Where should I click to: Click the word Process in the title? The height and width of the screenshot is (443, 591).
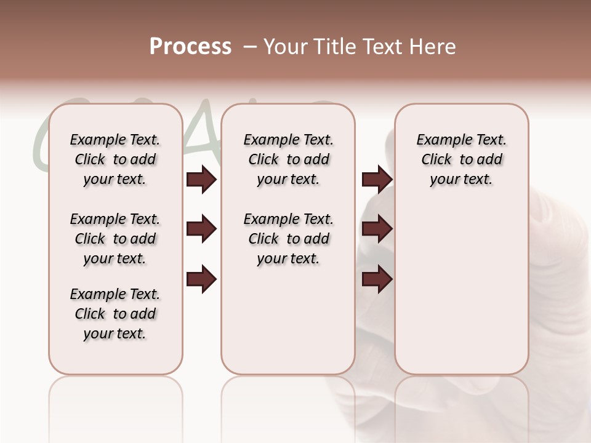click(190, 47)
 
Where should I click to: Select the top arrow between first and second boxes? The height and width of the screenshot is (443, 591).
click(201, 179)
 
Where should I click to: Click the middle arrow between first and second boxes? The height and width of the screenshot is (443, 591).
click(201, 229)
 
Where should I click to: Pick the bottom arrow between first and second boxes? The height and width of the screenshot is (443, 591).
click(201, 279)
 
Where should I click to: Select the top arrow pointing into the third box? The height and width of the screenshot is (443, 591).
click(377, 179)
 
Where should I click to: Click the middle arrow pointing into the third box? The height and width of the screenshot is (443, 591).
click(377, 229)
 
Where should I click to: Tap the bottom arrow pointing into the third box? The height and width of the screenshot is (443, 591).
click(377, 279)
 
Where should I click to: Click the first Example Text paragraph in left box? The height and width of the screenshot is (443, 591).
click(115, 159)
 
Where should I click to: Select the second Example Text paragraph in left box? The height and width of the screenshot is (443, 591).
click(115, 239)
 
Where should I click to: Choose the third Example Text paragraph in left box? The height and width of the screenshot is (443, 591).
click(115, 314)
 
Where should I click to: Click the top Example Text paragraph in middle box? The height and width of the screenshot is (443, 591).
click(288, 159)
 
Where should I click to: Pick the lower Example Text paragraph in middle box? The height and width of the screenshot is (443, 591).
click(288, 239)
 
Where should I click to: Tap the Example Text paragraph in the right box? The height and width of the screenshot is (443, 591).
click(461, 159)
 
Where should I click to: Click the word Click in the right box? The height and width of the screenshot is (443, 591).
click(436, 160)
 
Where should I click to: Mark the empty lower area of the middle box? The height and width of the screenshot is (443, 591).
click(288, 320)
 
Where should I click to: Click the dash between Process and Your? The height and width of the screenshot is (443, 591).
click(250, 47)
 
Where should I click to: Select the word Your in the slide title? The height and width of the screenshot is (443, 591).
click(285, 47)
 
